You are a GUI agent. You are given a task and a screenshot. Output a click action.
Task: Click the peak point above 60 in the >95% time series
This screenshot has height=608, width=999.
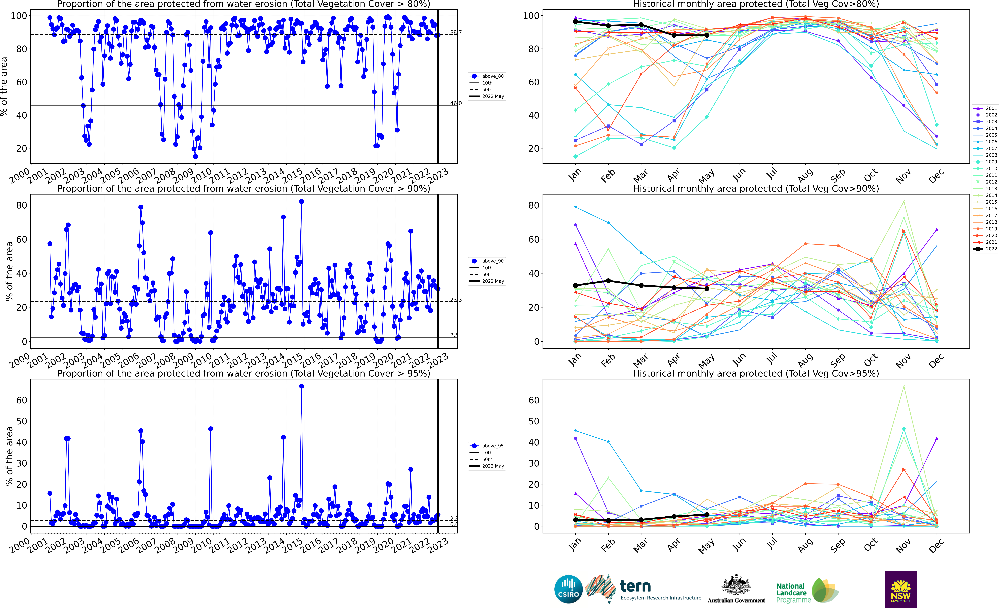pos(301,386)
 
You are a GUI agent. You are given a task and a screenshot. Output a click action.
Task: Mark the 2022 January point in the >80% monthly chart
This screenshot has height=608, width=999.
pos(575,22)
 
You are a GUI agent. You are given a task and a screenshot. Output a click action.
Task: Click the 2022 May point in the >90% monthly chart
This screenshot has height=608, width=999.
pos(707,289)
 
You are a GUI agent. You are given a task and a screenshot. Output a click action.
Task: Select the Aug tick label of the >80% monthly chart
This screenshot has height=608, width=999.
pos(805,175)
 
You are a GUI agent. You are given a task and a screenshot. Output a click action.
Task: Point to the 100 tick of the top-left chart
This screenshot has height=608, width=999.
pos(19,16)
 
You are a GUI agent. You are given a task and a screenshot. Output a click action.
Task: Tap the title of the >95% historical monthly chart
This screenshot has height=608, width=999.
pos(756,373)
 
